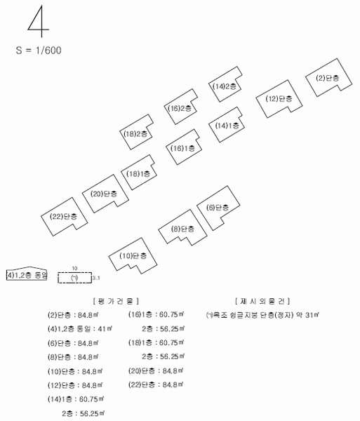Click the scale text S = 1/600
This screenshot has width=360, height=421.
tap(39, 51)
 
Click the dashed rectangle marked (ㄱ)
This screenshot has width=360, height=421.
tap(74, 273)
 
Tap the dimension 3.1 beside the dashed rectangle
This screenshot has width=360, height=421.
tap(96, 278)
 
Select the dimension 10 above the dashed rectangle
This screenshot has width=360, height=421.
tap(74, 268)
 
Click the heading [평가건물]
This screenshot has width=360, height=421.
tap(116, 301)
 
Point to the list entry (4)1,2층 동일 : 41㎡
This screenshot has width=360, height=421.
tap(80, 328)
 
